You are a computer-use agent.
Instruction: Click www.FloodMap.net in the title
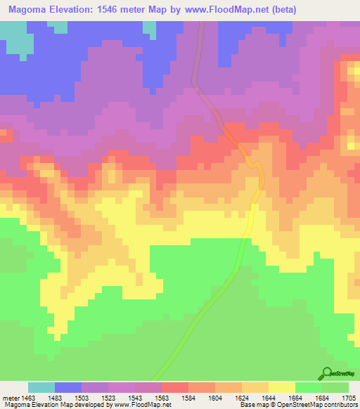217,10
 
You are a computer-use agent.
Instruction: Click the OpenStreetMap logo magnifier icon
326,373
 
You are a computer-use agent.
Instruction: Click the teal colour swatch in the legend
41,388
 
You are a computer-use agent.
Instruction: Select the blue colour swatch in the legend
68,388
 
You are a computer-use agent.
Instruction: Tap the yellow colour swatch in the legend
282,388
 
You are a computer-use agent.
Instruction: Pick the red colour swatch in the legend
175,388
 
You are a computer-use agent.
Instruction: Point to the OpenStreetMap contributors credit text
317,405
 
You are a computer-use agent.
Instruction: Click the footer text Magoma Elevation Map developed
49,405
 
